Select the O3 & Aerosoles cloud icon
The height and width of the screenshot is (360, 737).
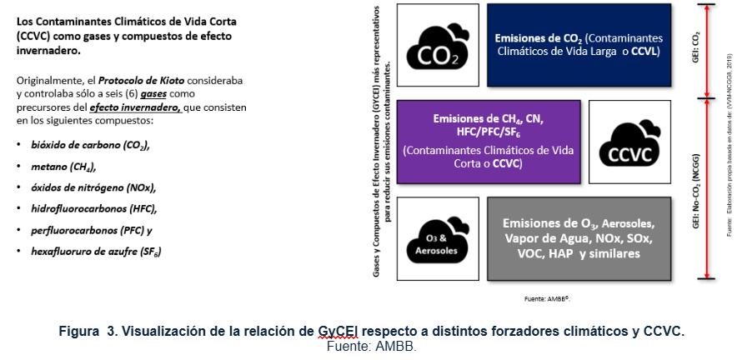[x=438, y=240]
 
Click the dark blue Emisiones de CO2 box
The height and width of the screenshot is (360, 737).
[x=578, y=45]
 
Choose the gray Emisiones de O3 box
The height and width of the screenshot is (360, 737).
[x=578, y=238]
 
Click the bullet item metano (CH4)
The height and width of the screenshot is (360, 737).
[x=63, y=166]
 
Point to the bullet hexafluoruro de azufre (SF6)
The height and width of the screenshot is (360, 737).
[x=96, y=251]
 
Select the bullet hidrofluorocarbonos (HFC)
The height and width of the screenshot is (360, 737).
[x=93, y=208]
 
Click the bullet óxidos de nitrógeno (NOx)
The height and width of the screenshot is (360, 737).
[x=93, y=187]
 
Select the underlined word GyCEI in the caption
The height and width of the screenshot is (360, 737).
[x=338, y=331]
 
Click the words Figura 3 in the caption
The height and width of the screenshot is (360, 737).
[x=88, y=331]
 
